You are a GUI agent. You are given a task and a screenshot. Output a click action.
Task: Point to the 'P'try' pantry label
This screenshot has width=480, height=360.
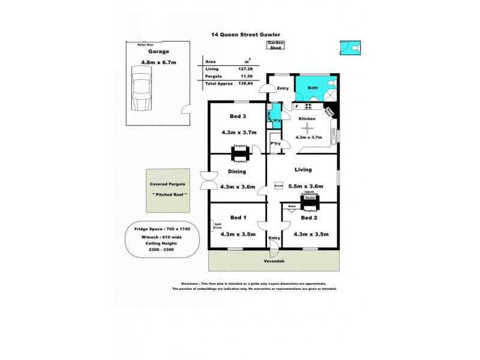click(276, 143)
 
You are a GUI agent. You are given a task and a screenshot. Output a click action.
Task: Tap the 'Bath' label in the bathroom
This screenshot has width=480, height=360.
click(313, 88)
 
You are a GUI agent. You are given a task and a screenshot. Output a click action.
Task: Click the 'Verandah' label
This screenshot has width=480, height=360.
click(274, 262)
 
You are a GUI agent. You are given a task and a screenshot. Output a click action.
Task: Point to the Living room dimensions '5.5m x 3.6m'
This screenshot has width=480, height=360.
click(306, 187)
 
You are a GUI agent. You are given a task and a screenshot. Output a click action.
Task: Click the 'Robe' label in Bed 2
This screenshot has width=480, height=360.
click(292, 206)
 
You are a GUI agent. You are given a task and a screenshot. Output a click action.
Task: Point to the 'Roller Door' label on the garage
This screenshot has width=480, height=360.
click(146, 44)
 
